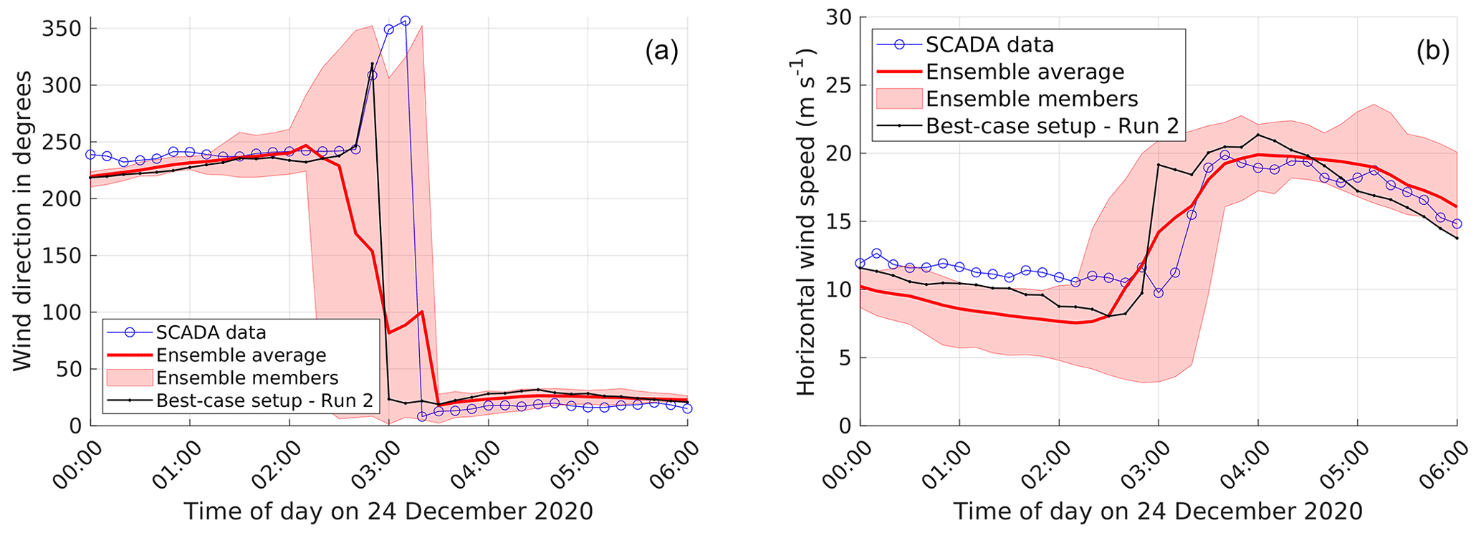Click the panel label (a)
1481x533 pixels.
(x=661, y=52)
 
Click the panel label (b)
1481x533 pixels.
(x=1432, y=52)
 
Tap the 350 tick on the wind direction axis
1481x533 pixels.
(x=62, y=29)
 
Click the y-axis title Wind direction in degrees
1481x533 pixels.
(x=23, y=220)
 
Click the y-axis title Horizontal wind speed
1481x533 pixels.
(x=805, y=222)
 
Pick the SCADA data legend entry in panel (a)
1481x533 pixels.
(x=211, y=332)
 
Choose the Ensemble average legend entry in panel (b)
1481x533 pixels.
(x=1025, y=72)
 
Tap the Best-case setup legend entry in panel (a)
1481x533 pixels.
(x=264, y=400)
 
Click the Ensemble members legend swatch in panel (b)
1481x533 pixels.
(x=898, y=99)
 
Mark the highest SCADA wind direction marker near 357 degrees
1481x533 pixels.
(x=405, y=21)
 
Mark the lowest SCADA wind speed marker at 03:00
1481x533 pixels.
(x=1158, y=293)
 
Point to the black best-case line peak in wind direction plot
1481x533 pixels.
(x=372, y=64)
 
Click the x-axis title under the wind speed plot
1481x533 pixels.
(x=1157, y=512)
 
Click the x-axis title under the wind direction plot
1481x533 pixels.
(x=388, y=512)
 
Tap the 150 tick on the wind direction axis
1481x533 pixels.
(x=62, y=256)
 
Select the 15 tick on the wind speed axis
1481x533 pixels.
(x=838, y=221)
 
